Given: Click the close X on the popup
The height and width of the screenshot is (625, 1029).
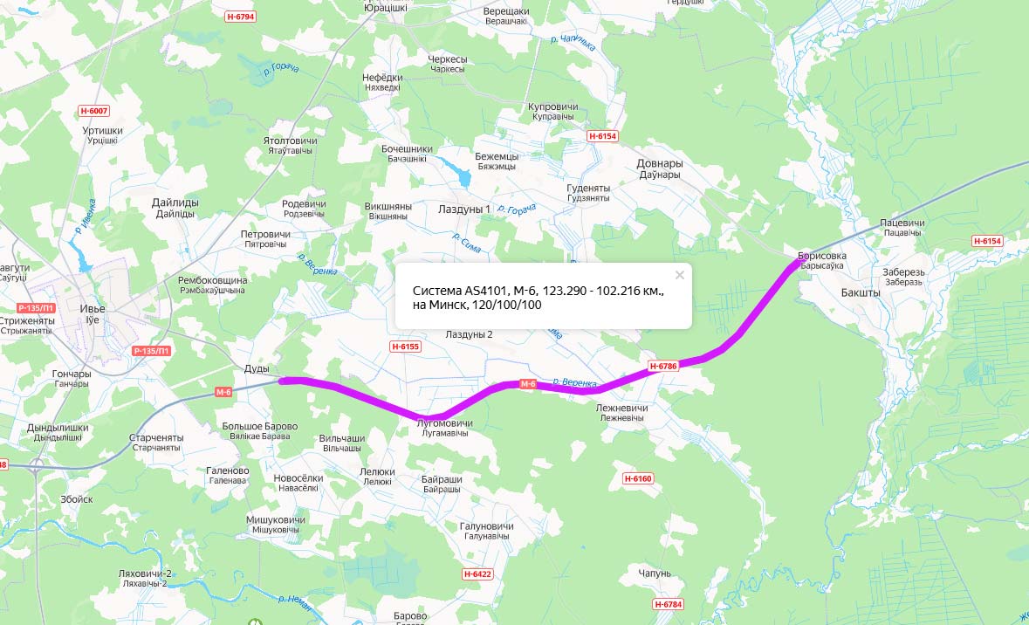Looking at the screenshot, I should (680, 274).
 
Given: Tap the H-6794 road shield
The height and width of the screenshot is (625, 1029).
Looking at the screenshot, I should (240, 17).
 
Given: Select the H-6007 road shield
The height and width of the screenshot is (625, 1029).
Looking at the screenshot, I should (93, 111).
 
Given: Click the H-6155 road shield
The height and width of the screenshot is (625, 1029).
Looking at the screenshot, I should (405, 347).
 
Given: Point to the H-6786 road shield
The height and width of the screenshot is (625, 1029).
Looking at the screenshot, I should (663, 366).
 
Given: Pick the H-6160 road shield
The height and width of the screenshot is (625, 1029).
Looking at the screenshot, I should (638, 478).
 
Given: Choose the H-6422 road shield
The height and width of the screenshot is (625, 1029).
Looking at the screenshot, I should (477, 573).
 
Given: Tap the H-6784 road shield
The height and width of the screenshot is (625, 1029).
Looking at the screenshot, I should (668, 604).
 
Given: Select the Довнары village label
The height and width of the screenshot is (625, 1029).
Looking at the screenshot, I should (660, 163).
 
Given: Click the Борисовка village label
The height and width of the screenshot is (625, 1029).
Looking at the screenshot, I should (821, 256).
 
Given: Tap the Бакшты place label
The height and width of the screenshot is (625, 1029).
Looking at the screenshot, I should (861, 292).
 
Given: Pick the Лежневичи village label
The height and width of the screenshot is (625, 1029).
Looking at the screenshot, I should (621, 408).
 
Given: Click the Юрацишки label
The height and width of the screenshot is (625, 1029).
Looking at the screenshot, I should (385, 8).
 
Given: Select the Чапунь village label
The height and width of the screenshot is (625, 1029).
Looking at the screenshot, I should (655, 573).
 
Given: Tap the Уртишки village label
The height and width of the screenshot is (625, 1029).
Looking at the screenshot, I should (102, 130).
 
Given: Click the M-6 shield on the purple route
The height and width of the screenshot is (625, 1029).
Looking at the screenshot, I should (527, 384).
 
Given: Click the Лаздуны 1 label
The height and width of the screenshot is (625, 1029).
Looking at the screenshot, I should (464, 209).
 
